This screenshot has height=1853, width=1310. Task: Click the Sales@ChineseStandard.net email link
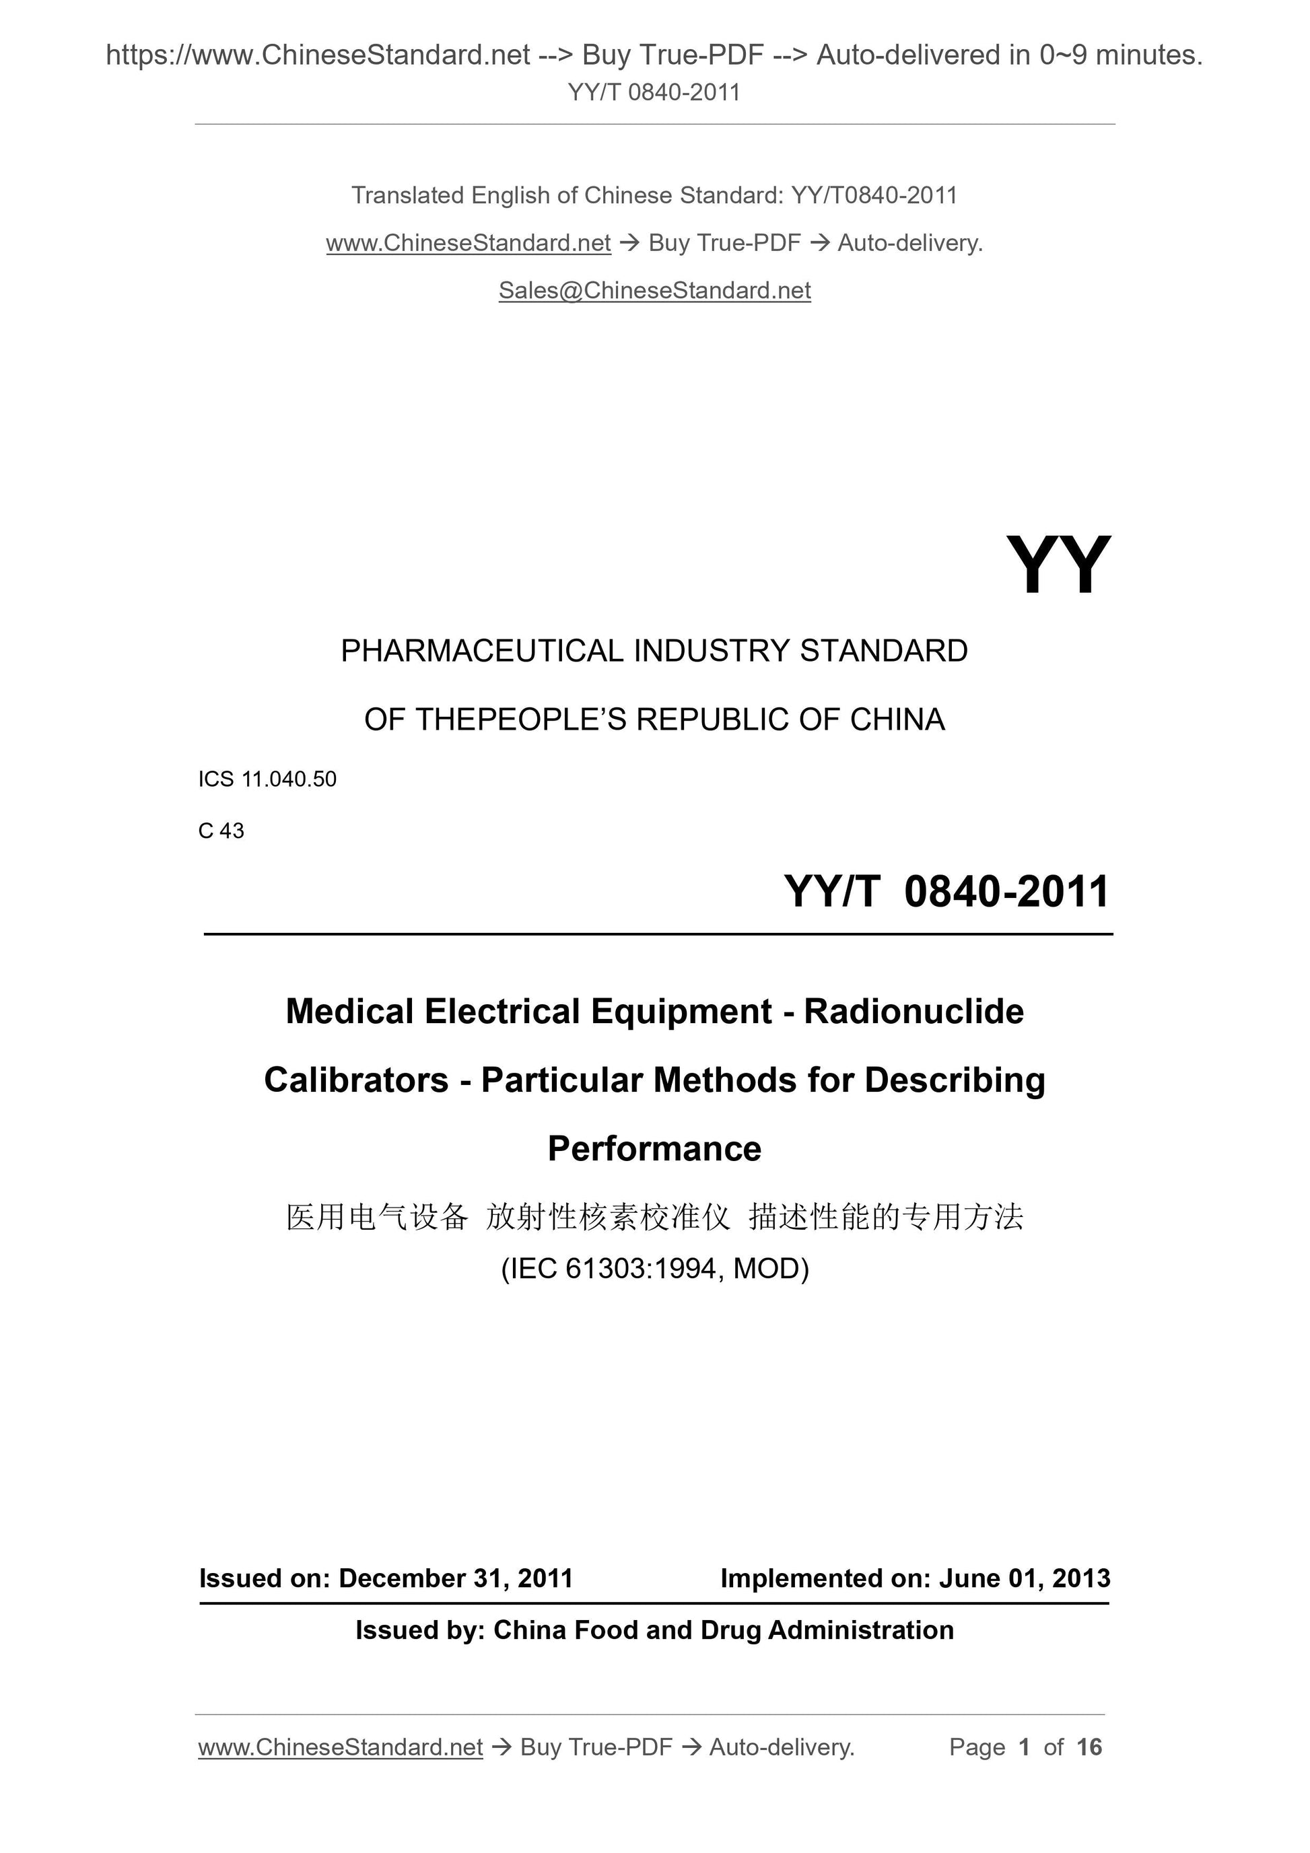(x=654, y=291)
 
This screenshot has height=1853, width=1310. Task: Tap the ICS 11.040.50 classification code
(x=267, y=779)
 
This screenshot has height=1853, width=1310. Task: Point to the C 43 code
(x=221, y=831)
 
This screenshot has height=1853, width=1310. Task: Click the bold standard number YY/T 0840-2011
(x=946, y=892)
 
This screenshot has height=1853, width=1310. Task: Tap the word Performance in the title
(x=654, y=1149)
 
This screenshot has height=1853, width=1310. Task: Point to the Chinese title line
(x=654, y=1217)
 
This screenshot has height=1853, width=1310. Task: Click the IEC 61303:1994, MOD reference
(x=654, y=1269)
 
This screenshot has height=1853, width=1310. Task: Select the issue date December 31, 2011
(x=455, y=1578)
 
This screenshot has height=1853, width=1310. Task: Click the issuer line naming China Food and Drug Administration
(x=654, y=1630)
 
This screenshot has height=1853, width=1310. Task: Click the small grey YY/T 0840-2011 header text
(x=654, y=93)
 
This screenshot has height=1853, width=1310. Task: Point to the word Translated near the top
(x=408, y=195)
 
